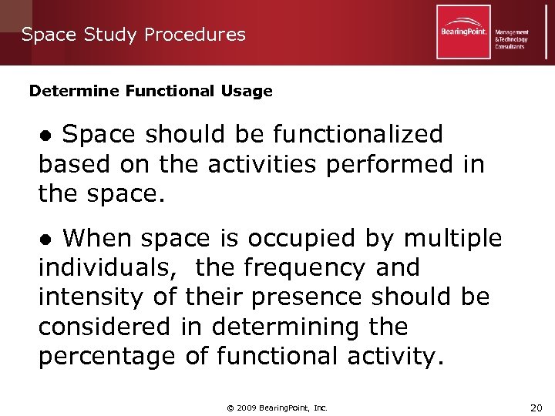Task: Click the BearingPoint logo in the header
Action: (463, 32)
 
